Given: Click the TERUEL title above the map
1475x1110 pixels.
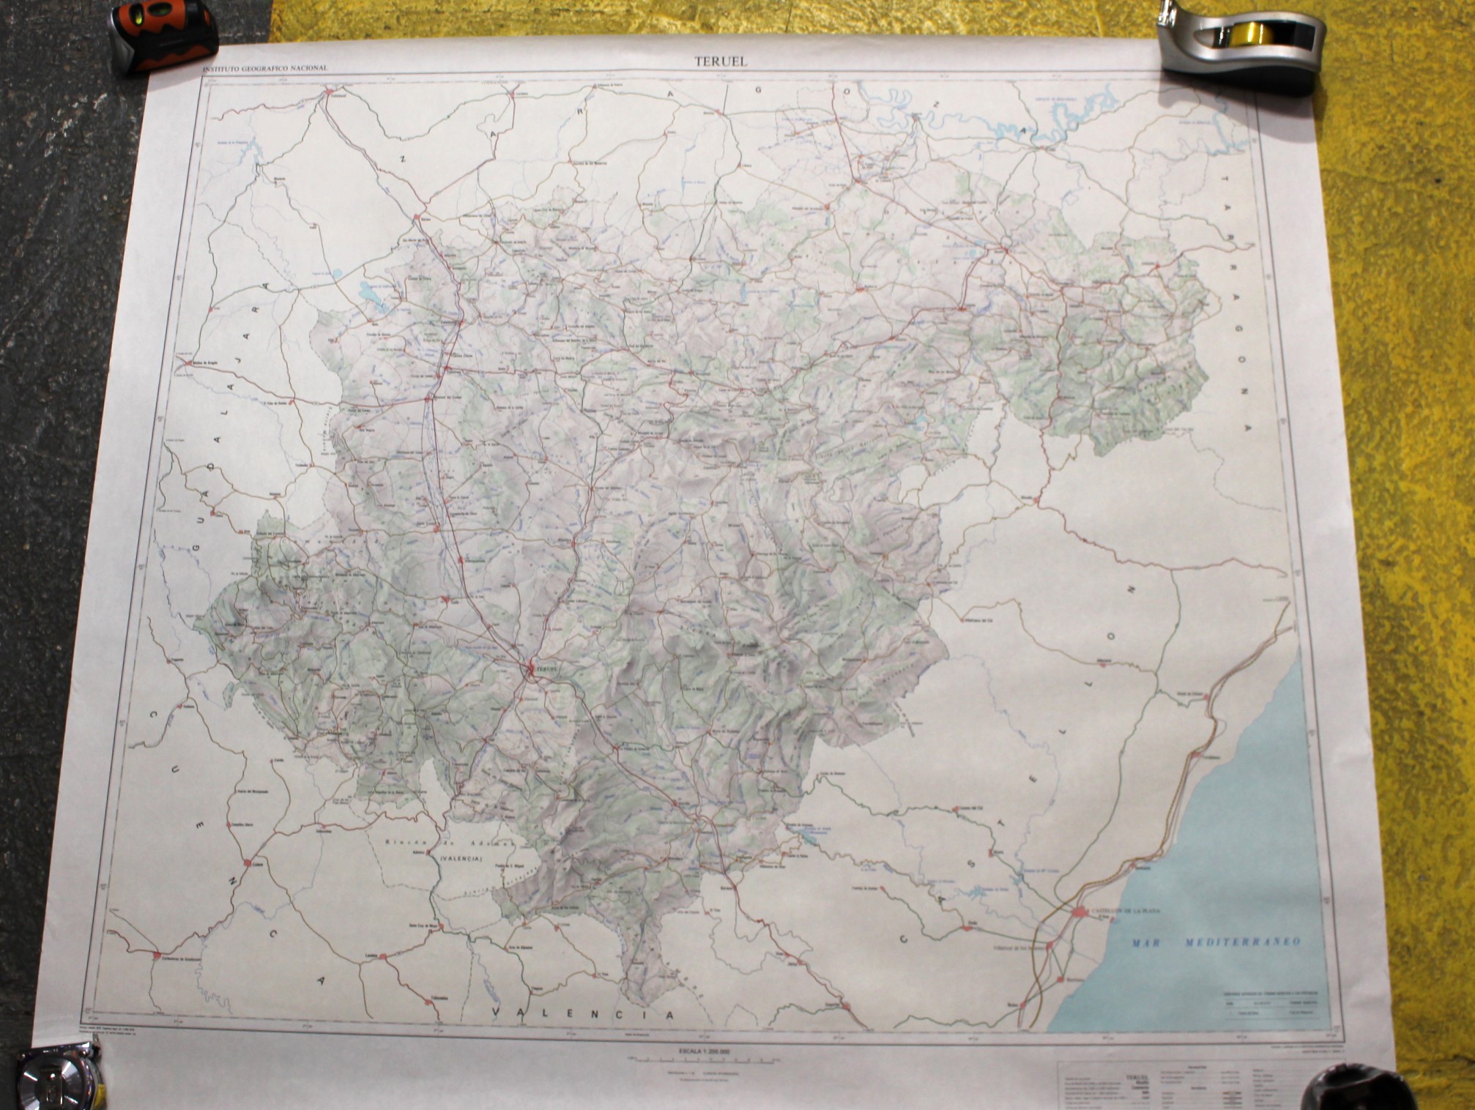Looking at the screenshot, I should click(x=721, y=62).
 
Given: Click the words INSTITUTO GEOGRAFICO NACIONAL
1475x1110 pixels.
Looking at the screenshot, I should click(x=265, y=68).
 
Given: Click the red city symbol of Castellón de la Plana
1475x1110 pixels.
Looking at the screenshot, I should click(x=1080, y=912).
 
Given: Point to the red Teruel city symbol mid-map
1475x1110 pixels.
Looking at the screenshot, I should click(x=532, y=666).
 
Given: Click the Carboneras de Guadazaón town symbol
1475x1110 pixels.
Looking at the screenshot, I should click(x=157, y=955).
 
